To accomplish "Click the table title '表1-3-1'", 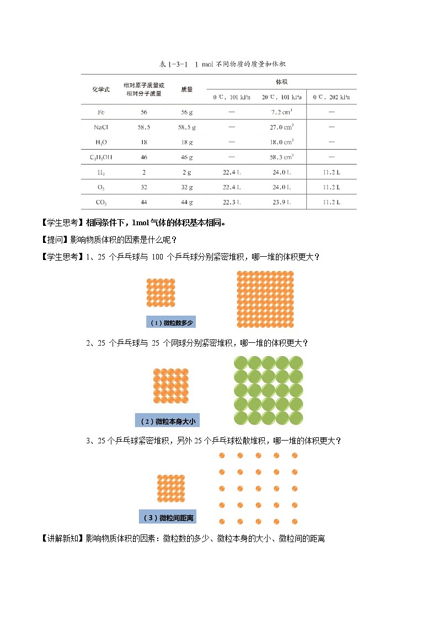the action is (174, 64).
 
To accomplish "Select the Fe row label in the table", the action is (101, 112).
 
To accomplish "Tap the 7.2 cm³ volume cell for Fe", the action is (282, 112).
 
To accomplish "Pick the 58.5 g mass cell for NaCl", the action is (186, 126).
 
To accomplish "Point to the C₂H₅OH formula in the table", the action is (101, 157).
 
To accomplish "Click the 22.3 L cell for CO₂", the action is (231, 202).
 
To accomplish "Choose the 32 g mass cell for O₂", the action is (186, 187).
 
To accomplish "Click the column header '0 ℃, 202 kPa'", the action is (331, 97).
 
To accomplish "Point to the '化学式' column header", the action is (101, 89).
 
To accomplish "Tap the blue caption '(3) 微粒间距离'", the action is (168, 517).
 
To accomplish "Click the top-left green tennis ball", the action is (241, 363).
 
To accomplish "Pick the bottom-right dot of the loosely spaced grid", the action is (295, 521).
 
